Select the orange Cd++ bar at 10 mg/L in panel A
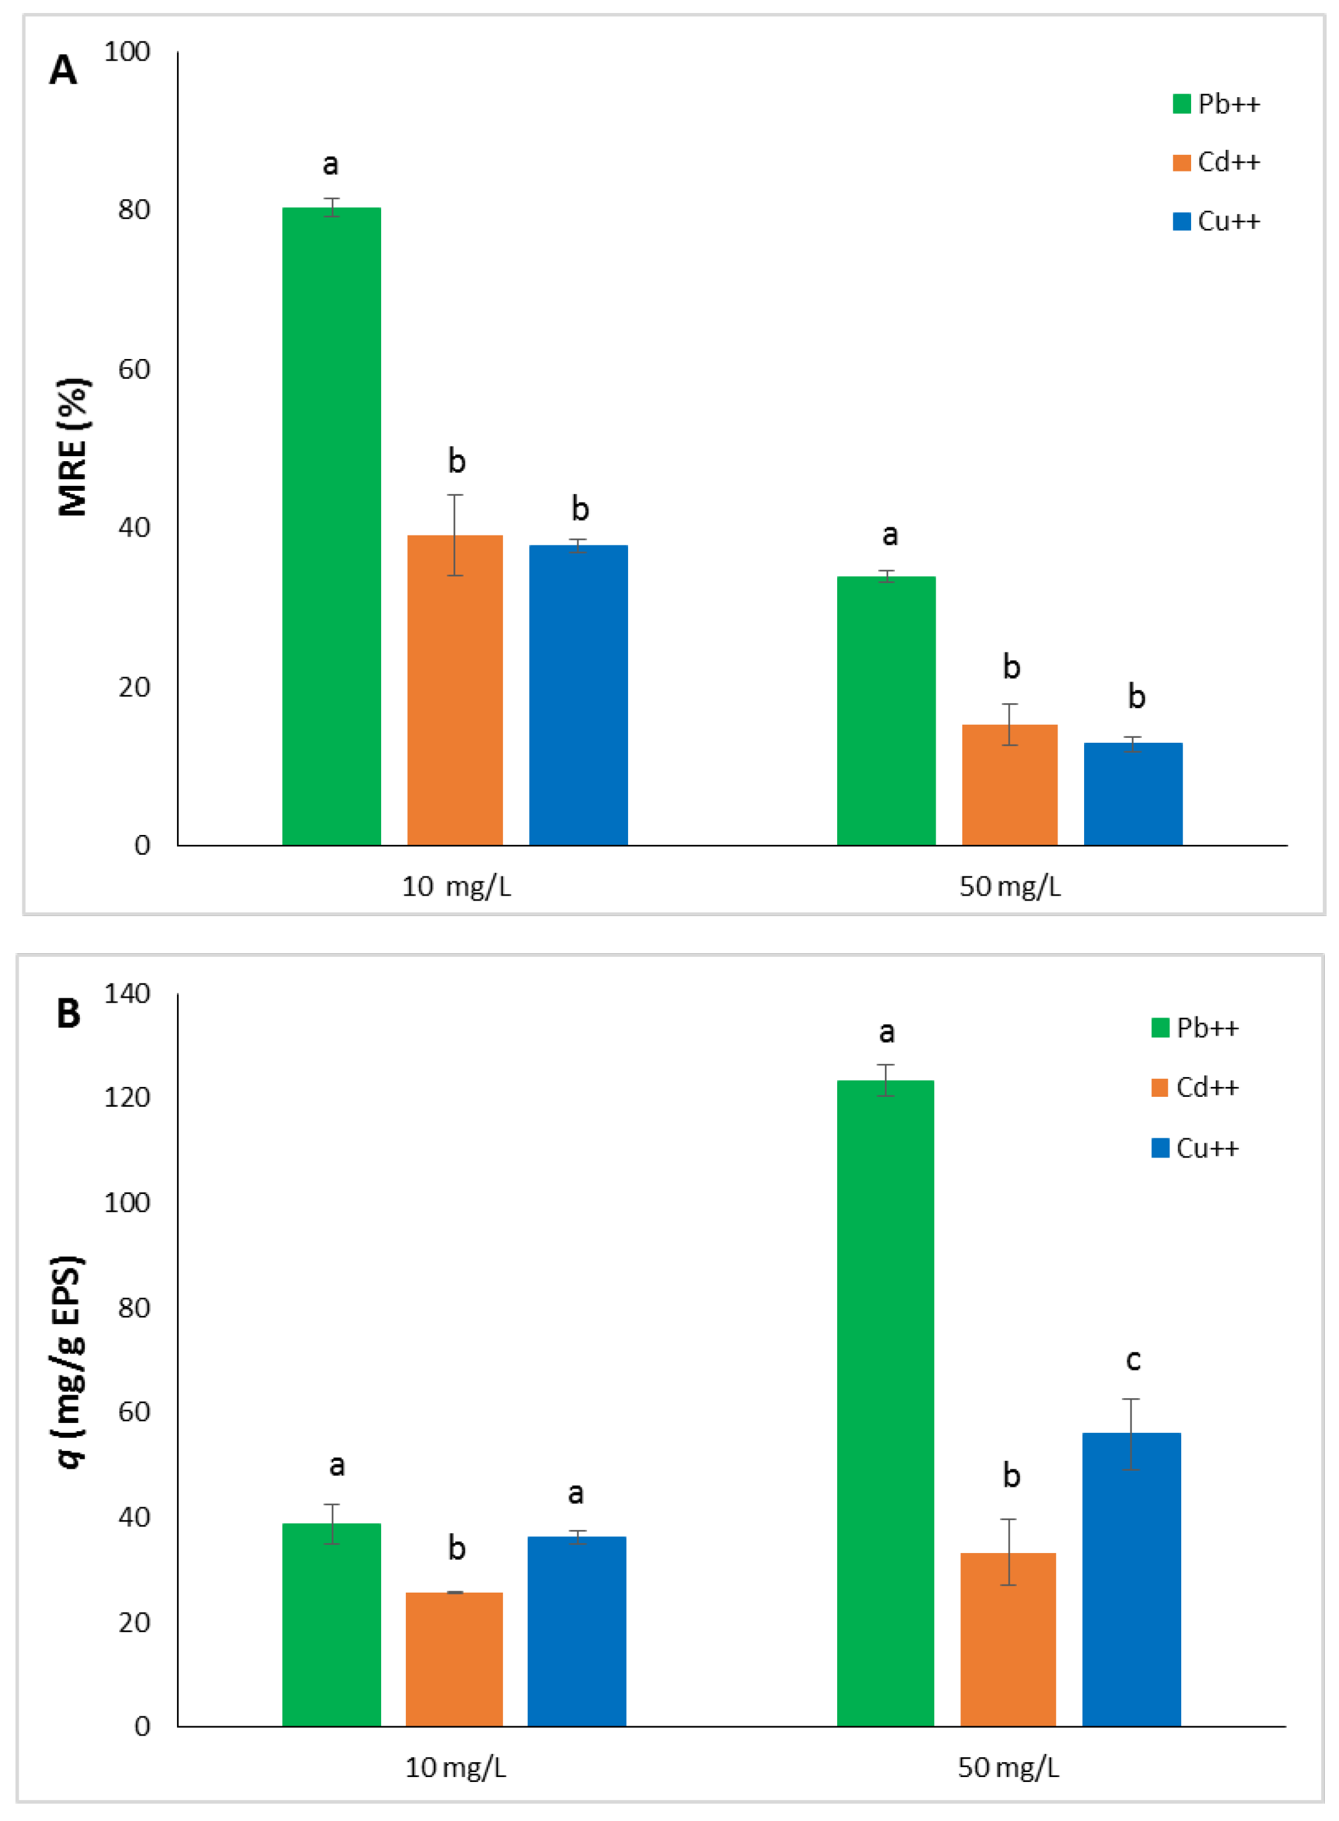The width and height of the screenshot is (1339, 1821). [455, 689]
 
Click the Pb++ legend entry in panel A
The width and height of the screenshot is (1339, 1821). [1216, 104]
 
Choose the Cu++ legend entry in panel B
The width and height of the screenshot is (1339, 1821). [1195, 1148]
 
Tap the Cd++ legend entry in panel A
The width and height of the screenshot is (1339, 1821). [1216, 162]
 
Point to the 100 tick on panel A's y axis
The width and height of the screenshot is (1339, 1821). [127, 52]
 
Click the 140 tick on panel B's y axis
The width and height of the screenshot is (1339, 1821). [127, 993]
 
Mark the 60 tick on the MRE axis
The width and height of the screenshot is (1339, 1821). [134, 369]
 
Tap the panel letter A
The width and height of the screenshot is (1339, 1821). [63, 71]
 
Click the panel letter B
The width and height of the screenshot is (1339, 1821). [68, 1013]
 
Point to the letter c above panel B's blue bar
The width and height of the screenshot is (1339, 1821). [1133, 1360]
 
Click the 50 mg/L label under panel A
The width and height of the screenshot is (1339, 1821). [1010, 886]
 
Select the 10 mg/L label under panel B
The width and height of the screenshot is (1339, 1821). [455, 1768]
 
